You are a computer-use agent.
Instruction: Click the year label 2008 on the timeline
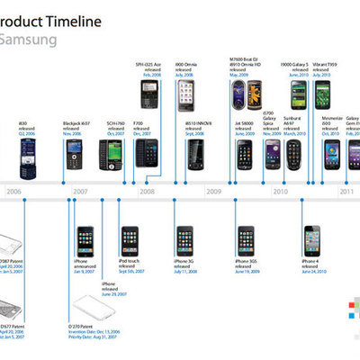[x=146, y=191]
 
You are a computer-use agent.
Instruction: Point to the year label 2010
[x=280, y=191]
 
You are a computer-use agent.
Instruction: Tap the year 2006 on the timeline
[x=14, y=191]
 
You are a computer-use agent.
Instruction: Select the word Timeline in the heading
[x=66, y=21]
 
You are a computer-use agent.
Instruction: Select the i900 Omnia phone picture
[x=185, y=94]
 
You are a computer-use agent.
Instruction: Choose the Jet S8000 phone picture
[x=246, y=155]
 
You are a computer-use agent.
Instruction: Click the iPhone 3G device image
[x=184, y=240]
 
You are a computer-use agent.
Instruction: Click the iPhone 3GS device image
[x=246, y=240]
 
